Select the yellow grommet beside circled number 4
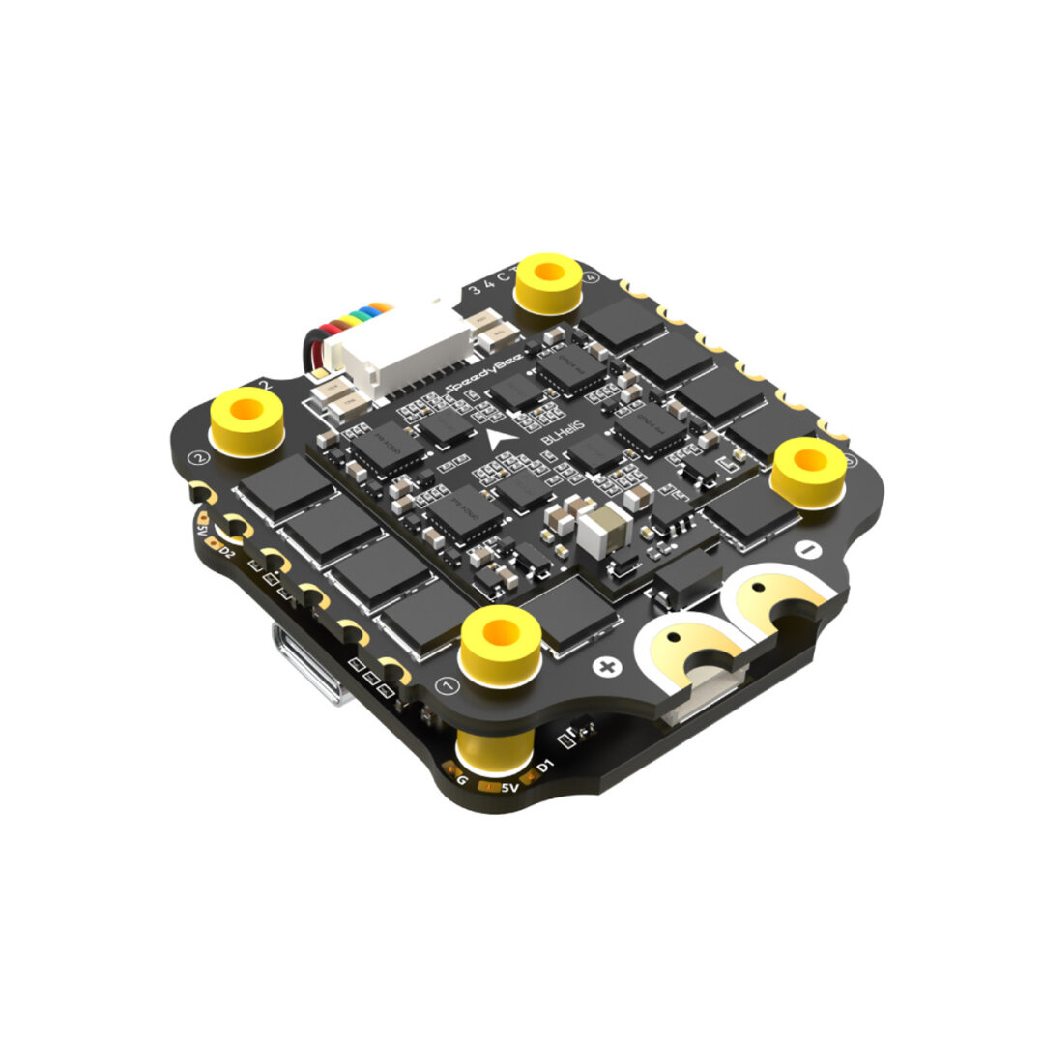tap(549, 282)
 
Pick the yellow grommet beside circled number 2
tap(247, 420)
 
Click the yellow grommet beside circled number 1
tap(499, 643)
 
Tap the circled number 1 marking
tap(447, 686)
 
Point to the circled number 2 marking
tap(201, 457)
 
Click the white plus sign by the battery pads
tap(607, 666)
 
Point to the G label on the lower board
tap(462, 779)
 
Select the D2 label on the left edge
tap(227, 552)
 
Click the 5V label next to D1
tap(509, 787)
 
